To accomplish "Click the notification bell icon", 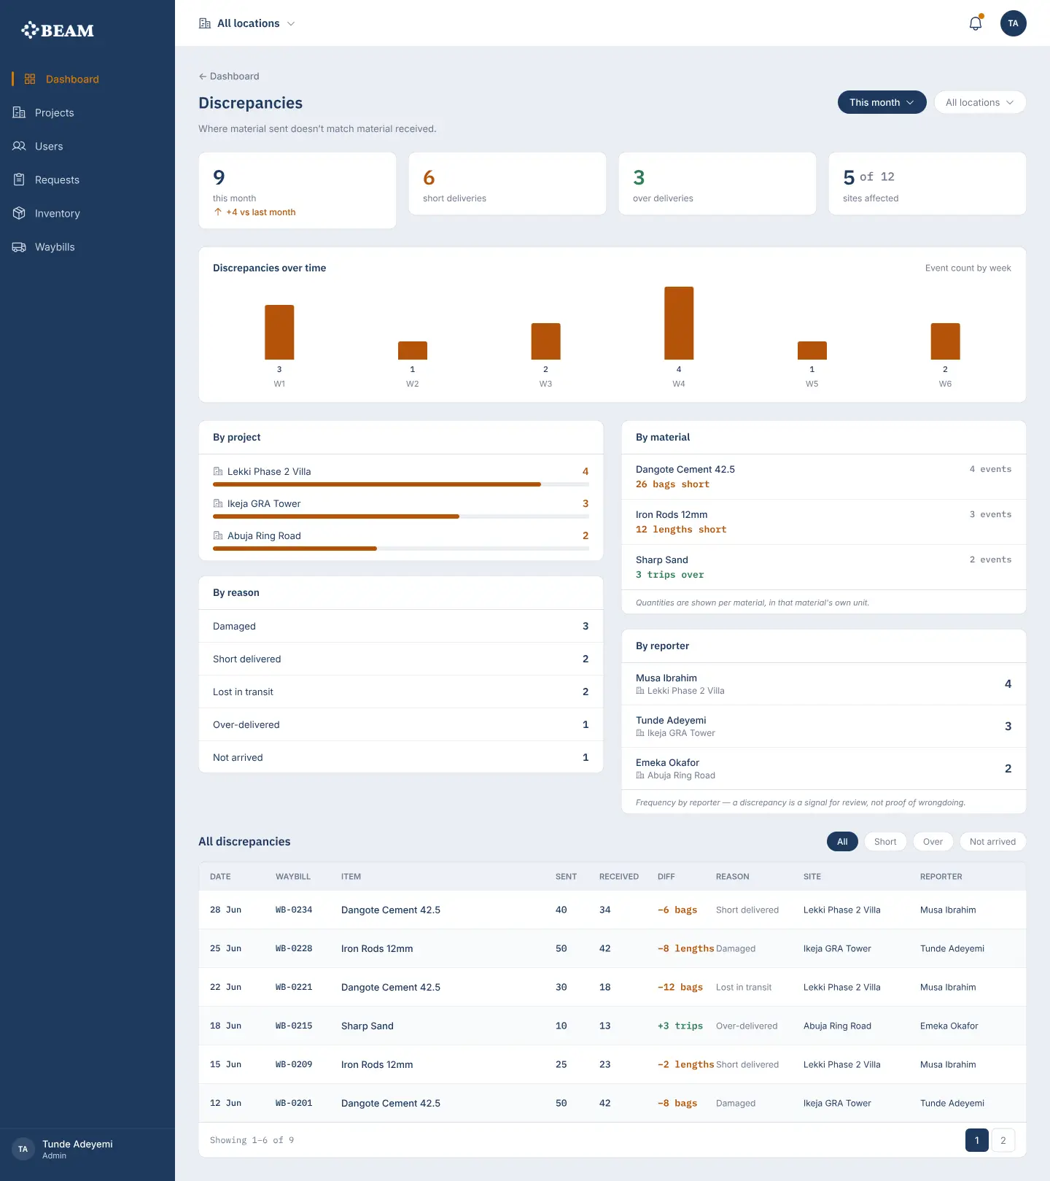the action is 975,23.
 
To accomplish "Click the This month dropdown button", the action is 882,102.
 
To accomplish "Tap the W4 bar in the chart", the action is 679,323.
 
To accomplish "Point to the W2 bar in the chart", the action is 413,350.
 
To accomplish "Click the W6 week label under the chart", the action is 945,384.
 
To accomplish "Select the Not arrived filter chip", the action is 992,842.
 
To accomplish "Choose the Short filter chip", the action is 885,842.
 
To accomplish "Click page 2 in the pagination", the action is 1003,1140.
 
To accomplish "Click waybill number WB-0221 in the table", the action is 294,987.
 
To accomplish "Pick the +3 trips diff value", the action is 680,1026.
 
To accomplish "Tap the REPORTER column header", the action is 941,877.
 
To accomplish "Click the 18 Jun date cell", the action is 225,1026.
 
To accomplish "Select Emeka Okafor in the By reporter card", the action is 667,762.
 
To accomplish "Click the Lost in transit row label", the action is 243,692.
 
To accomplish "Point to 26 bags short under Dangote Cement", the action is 672,484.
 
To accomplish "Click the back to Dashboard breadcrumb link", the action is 229,76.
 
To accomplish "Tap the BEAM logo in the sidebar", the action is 58,30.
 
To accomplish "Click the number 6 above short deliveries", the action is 429,177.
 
